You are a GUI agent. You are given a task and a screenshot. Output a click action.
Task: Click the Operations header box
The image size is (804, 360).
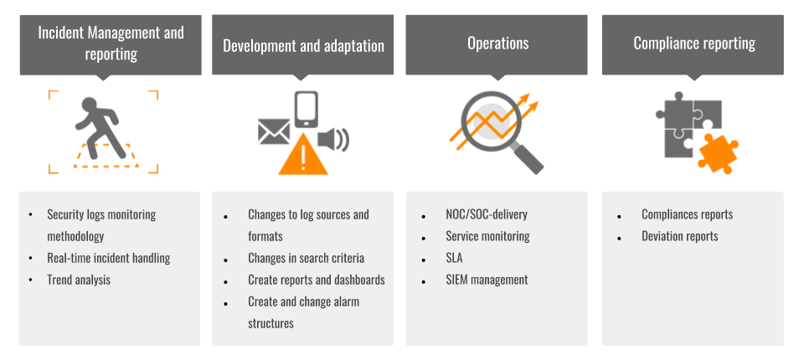(497, 45)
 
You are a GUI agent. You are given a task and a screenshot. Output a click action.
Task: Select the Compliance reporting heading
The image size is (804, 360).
(694, 43)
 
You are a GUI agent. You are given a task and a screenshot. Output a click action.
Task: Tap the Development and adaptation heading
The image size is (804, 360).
(303, 46)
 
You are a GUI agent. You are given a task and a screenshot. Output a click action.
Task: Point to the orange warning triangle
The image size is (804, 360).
(303, 154)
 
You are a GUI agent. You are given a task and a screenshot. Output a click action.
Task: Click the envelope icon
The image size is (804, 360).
(274, 131)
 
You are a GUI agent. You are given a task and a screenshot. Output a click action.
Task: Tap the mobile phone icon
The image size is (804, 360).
(307, 109)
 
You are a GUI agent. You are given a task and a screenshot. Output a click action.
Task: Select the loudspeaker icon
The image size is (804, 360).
(333, 140)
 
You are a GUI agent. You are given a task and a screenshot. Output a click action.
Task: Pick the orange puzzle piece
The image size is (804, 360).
(718, 153)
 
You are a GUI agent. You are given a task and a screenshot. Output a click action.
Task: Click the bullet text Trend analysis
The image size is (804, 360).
(79, 280)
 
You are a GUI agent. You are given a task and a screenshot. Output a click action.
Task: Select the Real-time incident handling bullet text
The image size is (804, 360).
(109, 258)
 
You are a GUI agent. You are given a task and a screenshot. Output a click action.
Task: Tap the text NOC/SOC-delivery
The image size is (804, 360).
(487, 213)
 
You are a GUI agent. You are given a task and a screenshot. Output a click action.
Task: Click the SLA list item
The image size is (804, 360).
(454, 258)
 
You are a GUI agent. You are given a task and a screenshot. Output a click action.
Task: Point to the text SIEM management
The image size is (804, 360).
(487, 280)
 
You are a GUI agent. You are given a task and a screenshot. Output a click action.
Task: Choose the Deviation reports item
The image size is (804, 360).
(679, 236)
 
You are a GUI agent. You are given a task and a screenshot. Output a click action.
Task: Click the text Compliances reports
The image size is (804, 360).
(687, 214)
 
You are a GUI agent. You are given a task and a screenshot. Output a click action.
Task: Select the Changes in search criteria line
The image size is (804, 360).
(307, 258)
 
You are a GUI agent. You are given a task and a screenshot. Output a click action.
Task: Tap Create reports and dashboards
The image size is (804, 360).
(317, 280)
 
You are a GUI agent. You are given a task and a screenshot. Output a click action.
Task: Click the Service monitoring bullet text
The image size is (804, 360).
(487, 236)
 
